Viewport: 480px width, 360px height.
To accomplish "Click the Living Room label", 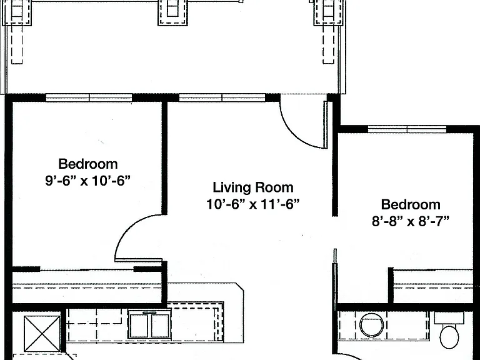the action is point(253,187).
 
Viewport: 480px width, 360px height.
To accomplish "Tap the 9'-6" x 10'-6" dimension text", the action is point(88,181).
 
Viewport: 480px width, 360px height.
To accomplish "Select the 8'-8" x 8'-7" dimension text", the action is point(411,221).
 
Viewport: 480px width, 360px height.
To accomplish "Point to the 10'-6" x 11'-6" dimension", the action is point(253,204).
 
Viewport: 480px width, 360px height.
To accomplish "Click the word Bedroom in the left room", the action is point(88,164).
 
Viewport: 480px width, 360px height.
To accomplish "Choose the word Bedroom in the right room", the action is point(411,204).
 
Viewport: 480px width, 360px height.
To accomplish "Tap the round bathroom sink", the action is point(371,325).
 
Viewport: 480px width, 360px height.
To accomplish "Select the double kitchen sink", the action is point(150,324).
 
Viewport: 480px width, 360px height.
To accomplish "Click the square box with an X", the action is point(42,334).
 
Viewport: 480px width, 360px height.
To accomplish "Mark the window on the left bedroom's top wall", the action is point(89,97).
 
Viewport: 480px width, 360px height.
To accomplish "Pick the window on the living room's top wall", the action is point(222,97).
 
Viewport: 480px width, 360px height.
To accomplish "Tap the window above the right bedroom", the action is point(407,129).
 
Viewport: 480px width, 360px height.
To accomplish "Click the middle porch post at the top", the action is point(172,12).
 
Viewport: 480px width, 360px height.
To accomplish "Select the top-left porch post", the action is point(17,12).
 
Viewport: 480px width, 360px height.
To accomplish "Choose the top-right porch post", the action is point(329,12).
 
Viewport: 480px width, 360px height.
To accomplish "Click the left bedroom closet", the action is point(87,286).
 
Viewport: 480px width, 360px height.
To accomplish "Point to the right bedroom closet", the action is point(433,286).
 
